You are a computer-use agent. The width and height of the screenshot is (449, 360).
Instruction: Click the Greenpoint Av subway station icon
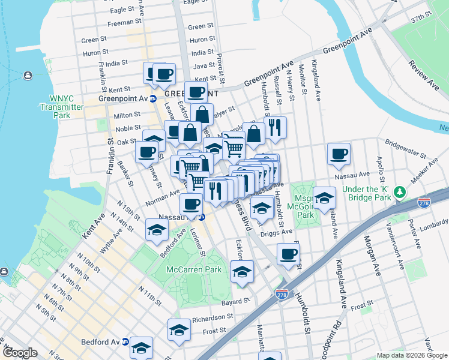152,98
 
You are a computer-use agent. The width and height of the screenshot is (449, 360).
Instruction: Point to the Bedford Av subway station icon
125,341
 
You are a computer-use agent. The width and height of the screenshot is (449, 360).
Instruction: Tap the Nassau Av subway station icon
202,217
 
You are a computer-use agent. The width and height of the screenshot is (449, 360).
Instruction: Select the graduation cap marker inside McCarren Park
242,271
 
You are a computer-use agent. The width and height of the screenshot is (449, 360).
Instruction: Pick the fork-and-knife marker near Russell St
275,127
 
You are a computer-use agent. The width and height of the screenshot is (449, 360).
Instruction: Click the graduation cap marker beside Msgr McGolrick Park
324,197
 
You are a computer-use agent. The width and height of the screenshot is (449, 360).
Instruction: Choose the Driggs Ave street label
278,231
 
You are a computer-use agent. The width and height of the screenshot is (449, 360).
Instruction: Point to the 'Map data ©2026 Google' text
411,355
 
